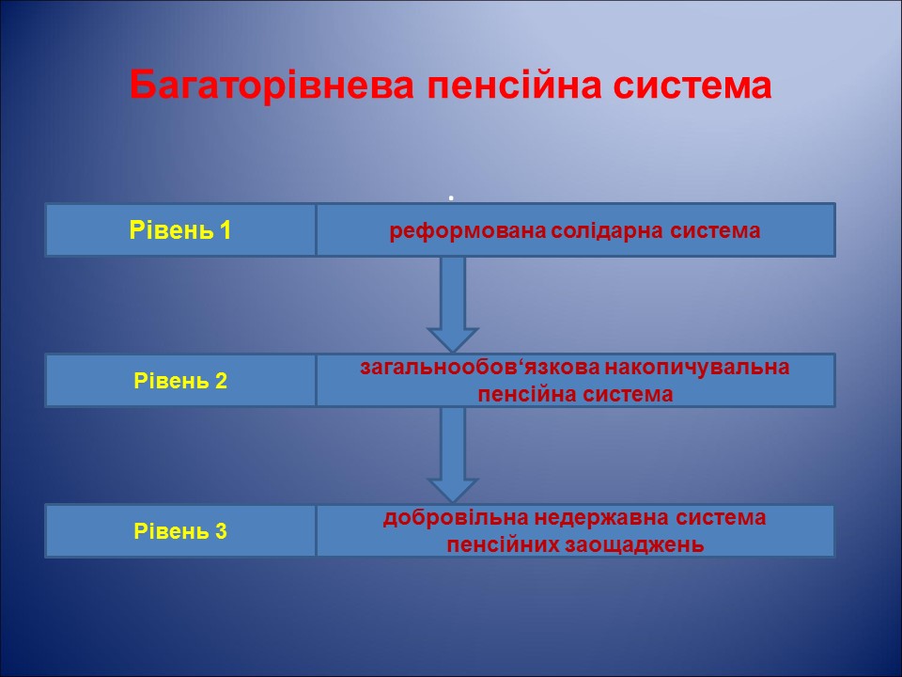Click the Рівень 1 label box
point(180,230)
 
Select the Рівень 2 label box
point(180,381)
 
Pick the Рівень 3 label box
point(180,531)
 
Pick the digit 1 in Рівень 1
point(225,230)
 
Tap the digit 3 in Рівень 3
point(222,531)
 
